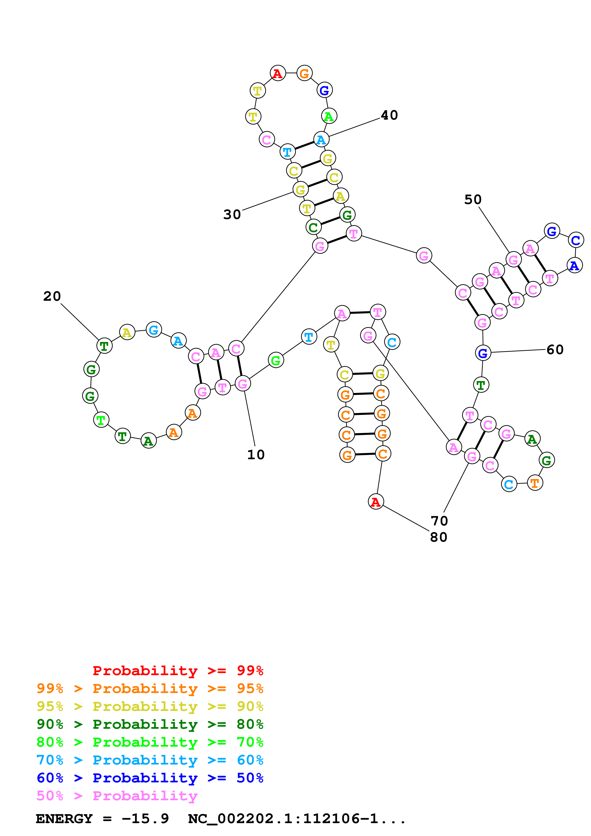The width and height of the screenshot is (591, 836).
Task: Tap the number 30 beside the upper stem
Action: pyautogui.click(x=232, y=214)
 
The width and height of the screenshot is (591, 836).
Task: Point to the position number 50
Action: pyautogui.click(x=473, y=199)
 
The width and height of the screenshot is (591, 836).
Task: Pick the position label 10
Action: pyautogui.click(x=256, y=454)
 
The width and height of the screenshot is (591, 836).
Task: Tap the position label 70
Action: pyautogui.click(x=439, y=521)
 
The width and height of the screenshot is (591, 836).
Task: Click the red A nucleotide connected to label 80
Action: pyautogui.click(x=376, y=502)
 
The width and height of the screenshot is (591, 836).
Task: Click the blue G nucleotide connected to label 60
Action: pyautogui.click(x=483, y=353)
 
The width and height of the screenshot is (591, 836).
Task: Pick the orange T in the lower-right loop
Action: pyautogui.click(x=534, y=483)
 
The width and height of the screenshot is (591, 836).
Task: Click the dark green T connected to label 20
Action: pyautogui.click(x=104, y=346)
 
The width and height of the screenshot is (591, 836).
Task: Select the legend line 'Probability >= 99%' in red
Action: pyautogui.click(x=178, y=671)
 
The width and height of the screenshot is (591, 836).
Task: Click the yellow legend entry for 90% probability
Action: pyautogui.click(x=150, y=706)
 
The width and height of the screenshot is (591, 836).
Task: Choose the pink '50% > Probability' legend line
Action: pyautogui.click(x=117, y=795)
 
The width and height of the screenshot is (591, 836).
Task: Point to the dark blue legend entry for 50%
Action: pyautogui.click(x=150, y=778)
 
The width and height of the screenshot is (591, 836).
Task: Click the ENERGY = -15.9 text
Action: pyautogui.click(x=102, y=819)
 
